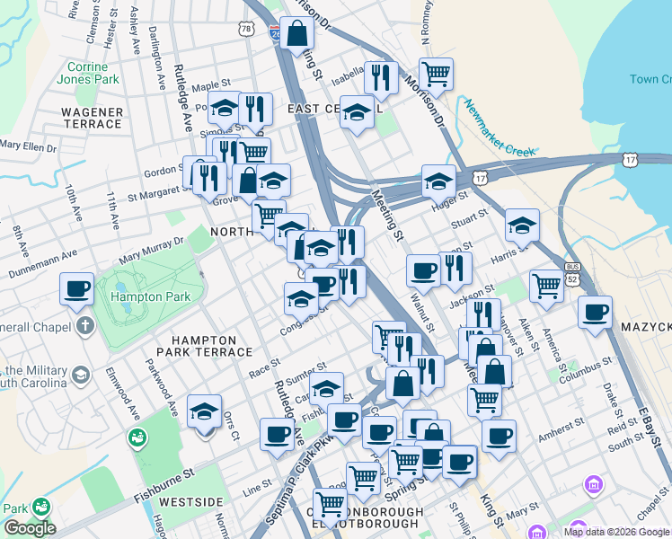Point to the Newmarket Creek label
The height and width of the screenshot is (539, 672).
500,128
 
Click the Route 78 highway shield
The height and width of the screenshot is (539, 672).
246,30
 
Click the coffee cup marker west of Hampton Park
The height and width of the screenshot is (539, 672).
78,290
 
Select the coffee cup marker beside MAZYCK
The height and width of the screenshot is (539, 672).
594,313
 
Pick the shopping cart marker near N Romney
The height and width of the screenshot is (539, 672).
436,75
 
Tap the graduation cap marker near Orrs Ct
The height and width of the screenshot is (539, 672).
205,412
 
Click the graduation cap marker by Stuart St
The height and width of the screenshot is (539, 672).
521,225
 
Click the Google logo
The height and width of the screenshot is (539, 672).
29,528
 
